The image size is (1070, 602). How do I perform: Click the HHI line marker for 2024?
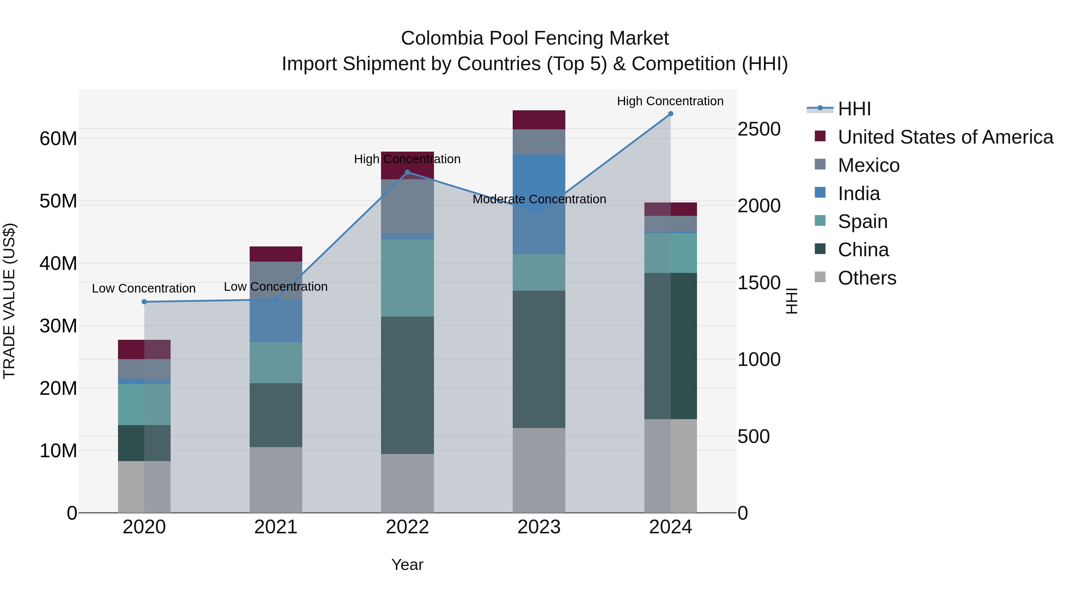coord(671,114)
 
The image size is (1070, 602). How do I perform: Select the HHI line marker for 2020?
coord(144,302)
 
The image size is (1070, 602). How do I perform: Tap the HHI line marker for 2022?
coord(407,172)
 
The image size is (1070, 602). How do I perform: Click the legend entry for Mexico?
coord(868,165)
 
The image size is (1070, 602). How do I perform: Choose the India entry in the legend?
coord(859,194)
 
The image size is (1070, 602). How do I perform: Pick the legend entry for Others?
coord(867,278)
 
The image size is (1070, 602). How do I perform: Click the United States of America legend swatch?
coord(820,136)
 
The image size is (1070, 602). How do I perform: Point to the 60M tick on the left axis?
coord(58,139)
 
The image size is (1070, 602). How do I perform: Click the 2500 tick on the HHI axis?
coord(759,129)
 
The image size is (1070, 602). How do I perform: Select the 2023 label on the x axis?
coord(539,527)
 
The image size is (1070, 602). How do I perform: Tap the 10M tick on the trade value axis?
coord(58,451)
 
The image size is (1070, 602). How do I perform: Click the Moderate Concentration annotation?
coord(539,199)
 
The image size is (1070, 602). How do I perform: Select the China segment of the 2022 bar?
coord(407,385)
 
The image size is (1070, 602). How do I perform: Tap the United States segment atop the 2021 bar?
coord(276,254)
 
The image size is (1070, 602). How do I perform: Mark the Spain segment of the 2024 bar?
coord(671,253)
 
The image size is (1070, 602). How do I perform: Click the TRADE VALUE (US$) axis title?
coord(9,301)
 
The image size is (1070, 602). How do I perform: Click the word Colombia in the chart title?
coord(436,39)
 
